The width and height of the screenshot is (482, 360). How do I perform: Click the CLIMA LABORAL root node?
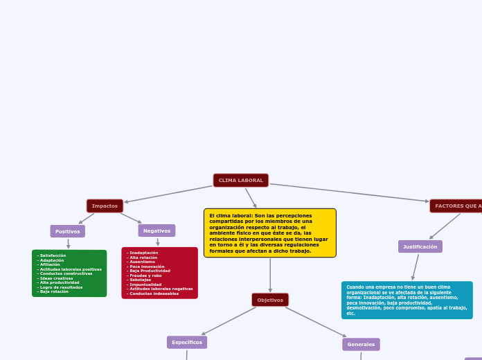tap(241, 181)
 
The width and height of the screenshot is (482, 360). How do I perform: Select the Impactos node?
tap(105, 206)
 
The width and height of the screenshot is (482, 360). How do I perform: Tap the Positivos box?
tap(67, 231)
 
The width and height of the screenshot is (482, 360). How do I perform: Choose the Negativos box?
tap(157, 231)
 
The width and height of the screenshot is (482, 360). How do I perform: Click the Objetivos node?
tap(270, 300)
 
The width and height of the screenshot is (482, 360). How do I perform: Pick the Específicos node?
tap(187, 342)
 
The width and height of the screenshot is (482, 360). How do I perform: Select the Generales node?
tap(361, 344)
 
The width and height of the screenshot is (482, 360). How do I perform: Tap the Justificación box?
tap(420, 246)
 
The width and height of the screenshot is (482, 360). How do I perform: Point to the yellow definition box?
tap(269, 233)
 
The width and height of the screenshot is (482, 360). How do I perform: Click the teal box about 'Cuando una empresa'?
tap(407, 300)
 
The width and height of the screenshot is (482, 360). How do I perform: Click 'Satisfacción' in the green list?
tap(53, 255)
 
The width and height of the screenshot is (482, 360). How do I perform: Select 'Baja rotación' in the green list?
tap(54, 291)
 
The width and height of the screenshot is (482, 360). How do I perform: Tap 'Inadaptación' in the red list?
tap(143, 253)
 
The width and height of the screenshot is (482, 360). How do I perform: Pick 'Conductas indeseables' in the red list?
tap(154, 294)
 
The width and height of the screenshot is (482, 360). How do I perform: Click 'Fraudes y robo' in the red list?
tap(145, 276)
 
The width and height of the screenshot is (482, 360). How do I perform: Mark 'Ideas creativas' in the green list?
tap(56, 278)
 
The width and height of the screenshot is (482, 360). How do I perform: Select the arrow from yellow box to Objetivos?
tap(270, 275)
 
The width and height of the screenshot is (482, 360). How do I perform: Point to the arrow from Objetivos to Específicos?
tap(229, 321)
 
